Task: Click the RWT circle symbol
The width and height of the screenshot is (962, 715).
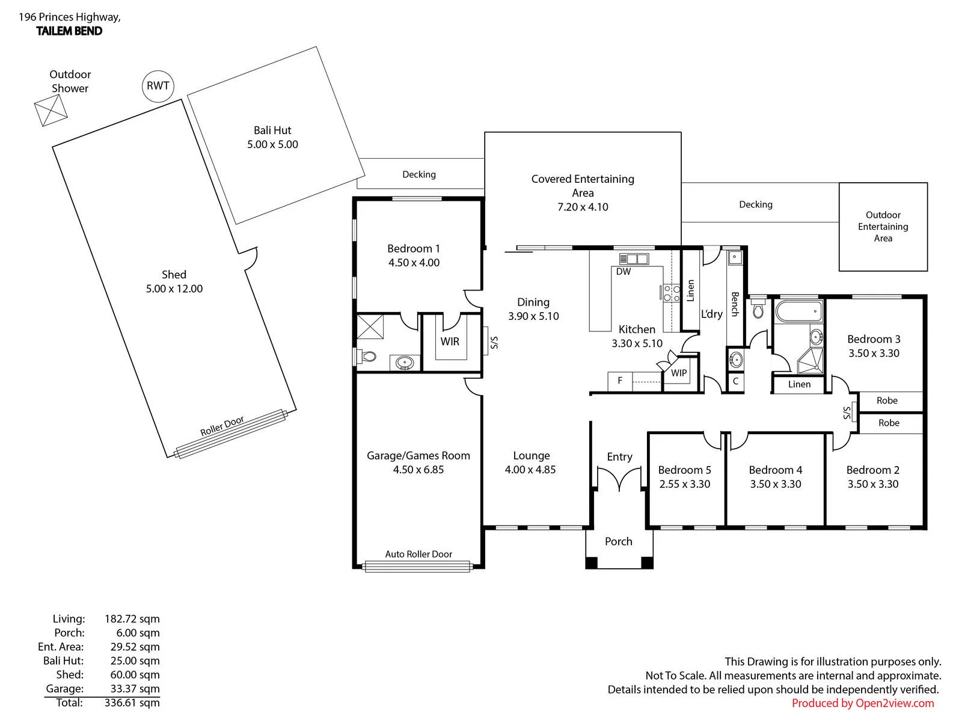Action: tap(158, 86)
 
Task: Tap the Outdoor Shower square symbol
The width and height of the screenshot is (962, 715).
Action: tap(51, 111)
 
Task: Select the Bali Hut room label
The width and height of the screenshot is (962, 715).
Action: tap(272, 130)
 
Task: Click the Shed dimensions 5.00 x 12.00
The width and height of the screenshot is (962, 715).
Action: tap(174, 289)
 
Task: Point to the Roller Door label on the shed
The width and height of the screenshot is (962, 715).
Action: tap(222, 426)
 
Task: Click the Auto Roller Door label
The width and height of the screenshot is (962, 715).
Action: tap(418, 554)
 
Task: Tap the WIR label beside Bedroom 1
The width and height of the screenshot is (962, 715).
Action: tap(450, 342)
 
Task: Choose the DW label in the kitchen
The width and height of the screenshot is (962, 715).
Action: tap(623, 272)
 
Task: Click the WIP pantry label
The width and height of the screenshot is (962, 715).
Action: tap(679, 373)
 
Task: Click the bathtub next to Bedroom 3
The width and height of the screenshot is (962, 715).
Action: tap(798, 311)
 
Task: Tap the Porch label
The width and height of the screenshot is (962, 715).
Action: tap(619, 541)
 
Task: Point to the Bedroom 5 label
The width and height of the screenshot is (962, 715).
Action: tap(684, 470)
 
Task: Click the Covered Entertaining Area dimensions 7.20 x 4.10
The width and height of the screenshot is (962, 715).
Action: tap(583, 207)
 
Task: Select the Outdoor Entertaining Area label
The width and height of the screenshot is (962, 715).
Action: tap(883, 227)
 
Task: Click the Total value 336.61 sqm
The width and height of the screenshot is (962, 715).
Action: tap(132, 703)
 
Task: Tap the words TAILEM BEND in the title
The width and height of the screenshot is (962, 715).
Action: tap(69, 31)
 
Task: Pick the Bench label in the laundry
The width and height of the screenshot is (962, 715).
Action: tap(735, 304)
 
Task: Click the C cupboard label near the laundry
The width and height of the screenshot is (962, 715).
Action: tap(735, 381)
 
